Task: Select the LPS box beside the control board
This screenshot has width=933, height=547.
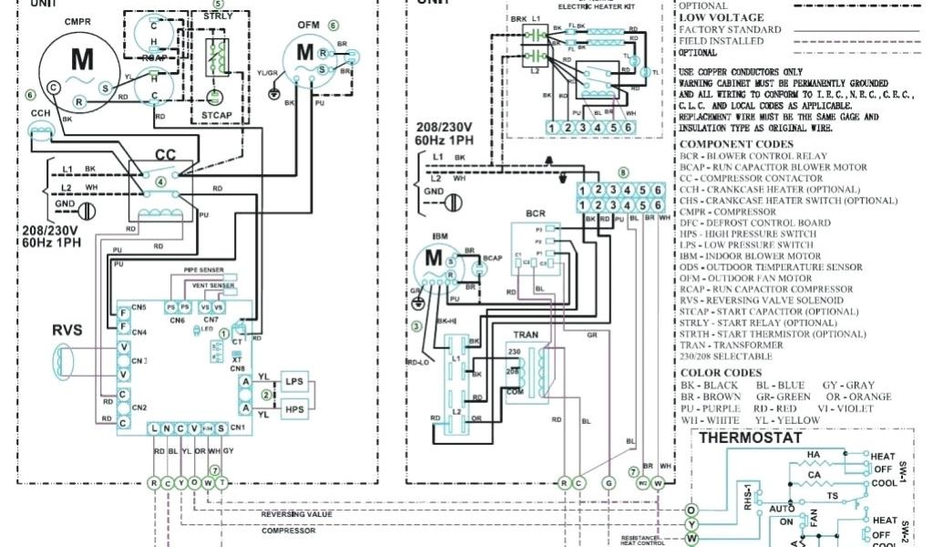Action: [x=293, y=381]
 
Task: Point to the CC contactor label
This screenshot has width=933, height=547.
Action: [x=165, y=155]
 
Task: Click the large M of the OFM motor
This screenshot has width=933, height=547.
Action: [x=304, y=53]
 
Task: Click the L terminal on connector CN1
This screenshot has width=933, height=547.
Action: [x=154, y=428]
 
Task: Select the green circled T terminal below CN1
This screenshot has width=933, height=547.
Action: [x=221, y=482]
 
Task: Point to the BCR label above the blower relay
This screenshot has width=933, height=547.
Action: [x=536, y=213]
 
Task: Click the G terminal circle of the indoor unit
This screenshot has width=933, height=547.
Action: [x=609, y=482]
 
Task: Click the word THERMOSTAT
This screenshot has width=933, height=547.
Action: [x=750, y=438]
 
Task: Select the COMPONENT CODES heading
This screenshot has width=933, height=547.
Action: [x=736, y=144]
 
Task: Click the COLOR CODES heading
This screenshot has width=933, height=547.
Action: [x=721, y=373]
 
